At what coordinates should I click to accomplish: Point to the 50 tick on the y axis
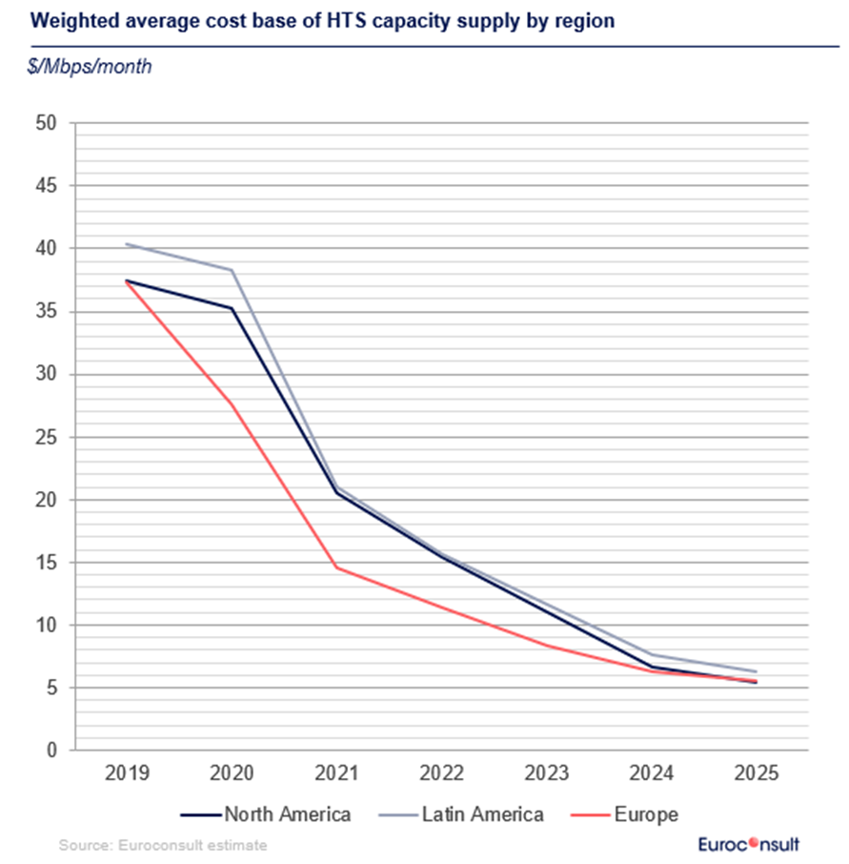pos(46,123)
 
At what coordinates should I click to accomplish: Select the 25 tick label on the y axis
pos(46,437)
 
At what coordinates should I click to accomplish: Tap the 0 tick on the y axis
pos(51,751)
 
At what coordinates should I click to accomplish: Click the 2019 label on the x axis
pos(126,773)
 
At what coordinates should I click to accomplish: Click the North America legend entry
pos(266,814)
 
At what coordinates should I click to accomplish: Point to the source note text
pos(163,845)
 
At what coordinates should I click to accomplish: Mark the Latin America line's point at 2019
pos(127,244)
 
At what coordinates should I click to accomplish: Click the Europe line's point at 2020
pos(232,404)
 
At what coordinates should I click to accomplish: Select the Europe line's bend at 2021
pos(336,567)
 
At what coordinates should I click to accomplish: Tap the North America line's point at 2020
pos(232,308)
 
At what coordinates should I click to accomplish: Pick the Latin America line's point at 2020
pos(232,270)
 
